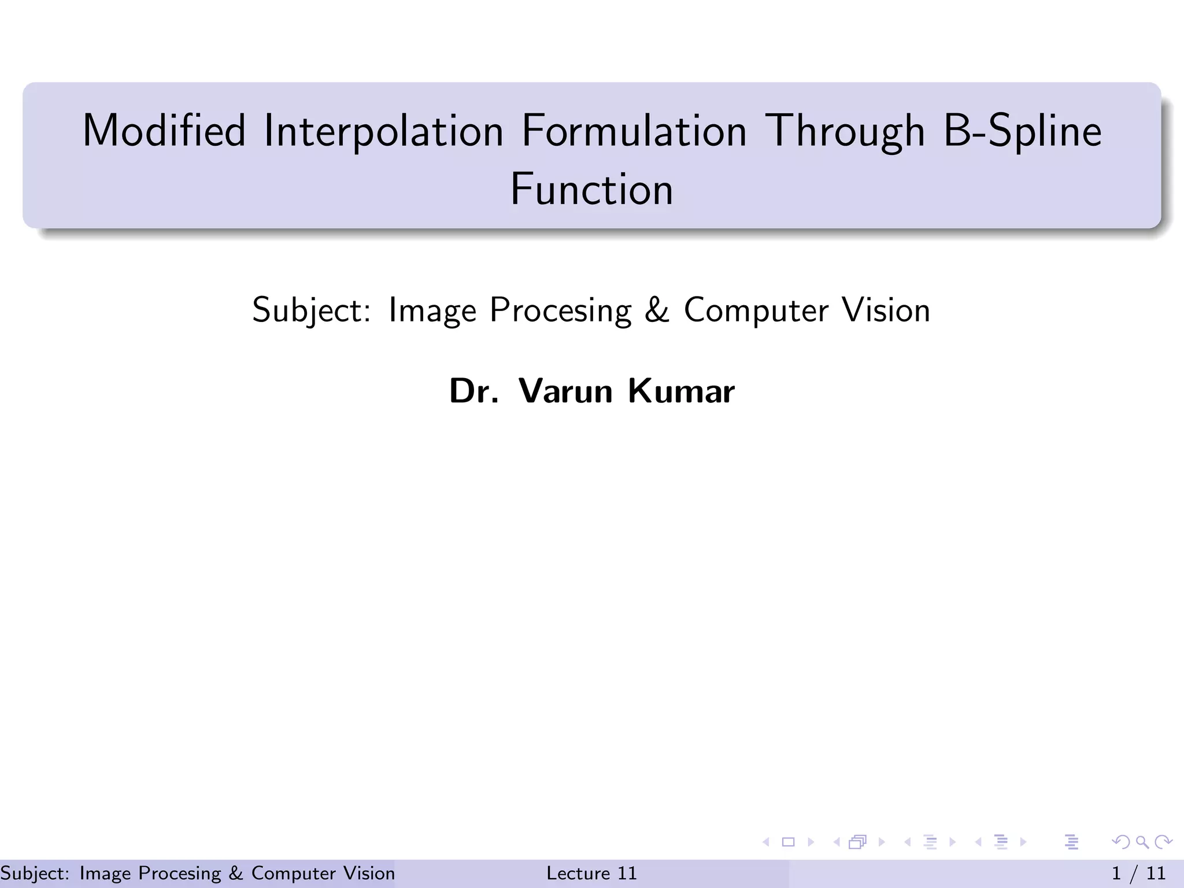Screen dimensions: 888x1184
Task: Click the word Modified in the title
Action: pyautogui.click(x=164, y=131)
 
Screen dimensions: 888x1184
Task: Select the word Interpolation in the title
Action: pyautogui.click(x=383, y=131)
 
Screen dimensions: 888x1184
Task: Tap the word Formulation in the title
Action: pyautogui.click(x=634, y=131)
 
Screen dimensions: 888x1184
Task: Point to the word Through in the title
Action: pyautogui.click(x=845, y=131)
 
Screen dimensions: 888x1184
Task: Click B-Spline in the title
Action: pyautogui.click(x=1022, y=131)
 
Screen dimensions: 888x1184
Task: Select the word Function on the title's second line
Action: pyautogui.click(x=591, y=189)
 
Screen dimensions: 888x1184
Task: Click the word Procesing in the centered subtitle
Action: pyautogui.click(x=560, y=310)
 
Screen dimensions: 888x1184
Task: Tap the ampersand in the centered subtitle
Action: pyautogui.click(x=657, y=310)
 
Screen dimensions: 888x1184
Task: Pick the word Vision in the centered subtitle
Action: pyautogui.click(x=886, y=310)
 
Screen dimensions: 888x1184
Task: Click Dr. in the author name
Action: pyautogui.click(x=473, y=391)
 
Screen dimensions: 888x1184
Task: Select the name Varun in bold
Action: pyautogui.click(x=565, y=391)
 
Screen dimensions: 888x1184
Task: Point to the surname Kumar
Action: pyautogui.click(x=681, y=391)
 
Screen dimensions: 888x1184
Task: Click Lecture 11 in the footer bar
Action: pyautogui.click(x=591, y=873)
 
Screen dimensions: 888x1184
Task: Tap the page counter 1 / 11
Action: pyautogui.click(x=1138, y=873)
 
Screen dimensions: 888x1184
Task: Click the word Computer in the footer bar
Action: pyautogui.click(x=293, y=873)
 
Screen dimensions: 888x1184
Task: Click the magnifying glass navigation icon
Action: pyautogui.click(x=1142, y=842)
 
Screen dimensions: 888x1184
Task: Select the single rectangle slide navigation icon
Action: pyautogui.click(x=788, y=842)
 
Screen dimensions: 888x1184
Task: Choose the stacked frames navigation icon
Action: pyautogui.click(x=858, y=842)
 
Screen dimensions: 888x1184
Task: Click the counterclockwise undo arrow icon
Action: pyautogui.click(x=1121, y=842)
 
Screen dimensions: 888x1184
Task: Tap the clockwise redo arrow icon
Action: pyautogui.click(x=1163, y=842)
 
